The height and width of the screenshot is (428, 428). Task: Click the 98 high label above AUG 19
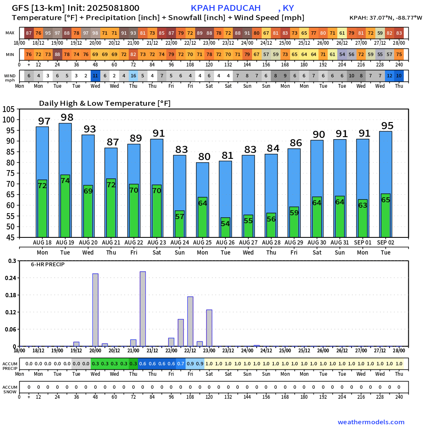tap(67, 117)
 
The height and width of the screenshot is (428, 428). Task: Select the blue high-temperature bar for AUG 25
tap(202, 180)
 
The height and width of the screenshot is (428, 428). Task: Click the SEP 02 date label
tap(385, 242)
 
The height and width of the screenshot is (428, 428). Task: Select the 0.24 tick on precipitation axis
tap(10, 278)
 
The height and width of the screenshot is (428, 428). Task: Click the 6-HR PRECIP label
tap(48, 265)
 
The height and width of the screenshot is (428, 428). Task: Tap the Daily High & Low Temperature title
tap(104, 103)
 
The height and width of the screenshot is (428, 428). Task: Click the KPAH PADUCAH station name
tap(226, 8)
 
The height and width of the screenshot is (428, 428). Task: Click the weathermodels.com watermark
tap(371, 422)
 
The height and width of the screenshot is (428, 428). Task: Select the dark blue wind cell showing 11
tap(95, 76)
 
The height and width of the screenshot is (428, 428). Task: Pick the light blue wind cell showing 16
tap(133, 76)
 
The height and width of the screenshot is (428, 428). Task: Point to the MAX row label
tap(10, 33)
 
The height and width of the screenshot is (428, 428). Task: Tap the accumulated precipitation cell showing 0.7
tap(181, 364)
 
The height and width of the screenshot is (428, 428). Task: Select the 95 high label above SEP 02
tap(387, 126)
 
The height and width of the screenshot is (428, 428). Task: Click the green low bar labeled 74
tap(65, 205)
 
